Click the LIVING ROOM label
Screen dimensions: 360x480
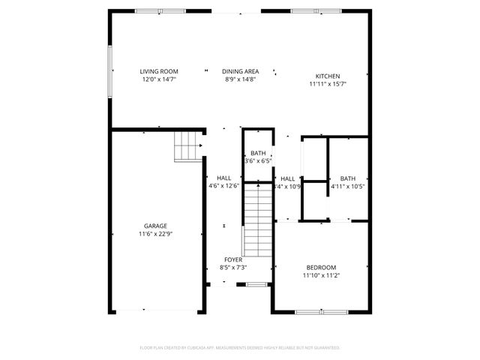(158, 71)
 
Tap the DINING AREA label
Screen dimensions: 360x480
(240, 71)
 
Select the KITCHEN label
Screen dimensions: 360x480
(327, 76)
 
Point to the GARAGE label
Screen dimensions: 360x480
(156, 226)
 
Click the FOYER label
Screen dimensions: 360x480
(233, 259)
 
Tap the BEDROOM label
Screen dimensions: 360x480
(321, 268)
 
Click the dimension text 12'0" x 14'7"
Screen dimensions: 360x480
(158, 79)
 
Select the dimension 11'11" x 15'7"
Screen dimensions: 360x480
(327, 84)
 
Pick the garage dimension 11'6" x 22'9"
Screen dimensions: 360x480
(156, 234)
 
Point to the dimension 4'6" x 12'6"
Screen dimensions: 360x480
(223, 186)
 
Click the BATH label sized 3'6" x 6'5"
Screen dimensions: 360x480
(258, 153)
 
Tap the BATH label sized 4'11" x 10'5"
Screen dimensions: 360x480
(347, 178)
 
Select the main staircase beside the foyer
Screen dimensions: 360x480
(257, 220)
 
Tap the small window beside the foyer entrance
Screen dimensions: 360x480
(257, 284)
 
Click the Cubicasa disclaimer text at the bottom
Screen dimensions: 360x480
(240, 348)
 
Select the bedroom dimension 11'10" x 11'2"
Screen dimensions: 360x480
(321, 276)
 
